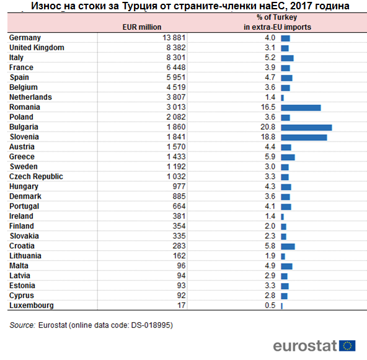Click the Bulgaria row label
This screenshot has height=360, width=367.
coord(24,127)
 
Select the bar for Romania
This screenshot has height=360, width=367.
coord(301,108)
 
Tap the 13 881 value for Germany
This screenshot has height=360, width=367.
coord(174,38)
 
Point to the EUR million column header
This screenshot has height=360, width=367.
coord(142,27)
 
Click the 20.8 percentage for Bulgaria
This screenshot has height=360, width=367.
coord(268,127)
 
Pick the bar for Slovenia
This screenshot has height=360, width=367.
coord(304,138)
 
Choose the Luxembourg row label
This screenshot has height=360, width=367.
coord(32,305)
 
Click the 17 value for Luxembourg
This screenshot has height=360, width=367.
coord(182,305)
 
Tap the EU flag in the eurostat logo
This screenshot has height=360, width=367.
coord(347,346)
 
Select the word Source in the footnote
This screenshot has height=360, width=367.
coord(22,325)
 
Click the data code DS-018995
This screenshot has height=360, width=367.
coord(151,325)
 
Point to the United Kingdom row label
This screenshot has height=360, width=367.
coord(37,48)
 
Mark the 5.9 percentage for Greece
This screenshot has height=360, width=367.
coord(270,157)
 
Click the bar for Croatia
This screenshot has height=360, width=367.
coord(288,246)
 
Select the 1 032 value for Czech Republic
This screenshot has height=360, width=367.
coord(176,176)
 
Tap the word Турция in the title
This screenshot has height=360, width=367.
coord(139,6)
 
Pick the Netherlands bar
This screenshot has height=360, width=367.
coord(282,98)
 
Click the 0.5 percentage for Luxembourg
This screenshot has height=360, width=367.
coord(270,305)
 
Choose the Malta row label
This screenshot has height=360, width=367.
coord(19,266)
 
